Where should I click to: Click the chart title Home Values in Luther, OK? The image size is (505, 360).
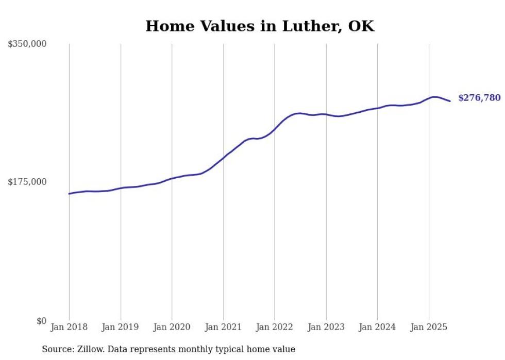click(x=260, y=26)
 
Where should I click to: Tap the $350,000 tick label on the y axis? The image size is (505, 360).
click(x=27, y=44)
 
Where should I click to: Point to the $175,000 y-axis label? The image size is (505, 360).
click(x=27, y=182)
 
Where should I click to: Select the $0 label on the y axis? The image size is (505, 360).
click(x=41, y=321)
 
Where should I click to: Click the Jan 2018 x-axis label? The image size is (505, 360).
click(x=69, y=327)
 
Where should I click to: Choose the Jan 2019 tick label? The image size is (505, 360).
click(x=121, y=327)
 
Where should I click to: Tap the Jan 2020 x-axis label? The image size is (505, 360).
click(x=172, y=327)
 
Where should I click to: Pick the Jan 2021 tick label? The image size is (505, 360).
click(x=223, y=327)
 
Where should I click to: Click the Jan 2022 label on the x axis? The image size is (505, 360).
click(x=275, y=327)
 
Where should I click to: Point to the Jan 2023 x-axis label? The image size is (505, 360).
click(x=326, y=327)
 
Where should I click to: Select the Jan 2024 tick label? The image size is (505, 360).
click(x=377, y=327)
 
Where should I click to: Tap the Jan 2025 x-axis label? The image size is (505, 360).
click(x=429, y=327)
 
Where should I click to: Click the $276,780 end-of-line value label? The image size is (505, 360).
click(x=479, y=98)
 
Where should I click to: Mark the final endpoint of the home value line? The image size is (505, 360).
click(x=450, y=101)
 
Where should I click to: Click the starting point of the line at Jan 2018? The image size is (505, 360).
click(x=69, y=194)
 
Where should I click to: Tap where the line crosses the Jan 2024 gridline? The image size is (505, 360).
click(x=377, y=108)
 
